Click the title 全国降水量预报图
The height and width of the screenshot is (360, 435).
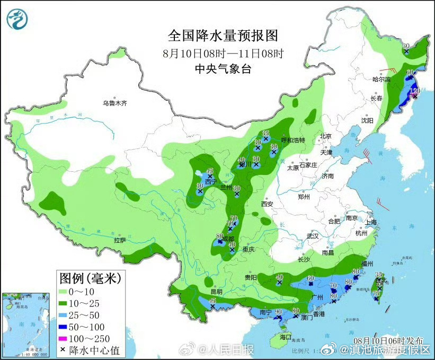point(223,36)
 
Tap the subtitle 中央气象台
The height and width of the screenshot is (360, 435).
point(223,68)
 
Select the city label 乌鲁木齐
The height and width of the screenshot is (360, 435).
point(115,103)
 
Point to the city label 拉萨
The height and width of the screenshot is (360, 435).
point(120,240)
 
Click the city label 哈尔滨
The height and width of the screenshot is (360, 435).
point(381,79)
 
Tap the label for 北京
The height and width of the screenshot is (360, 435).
point(325,136)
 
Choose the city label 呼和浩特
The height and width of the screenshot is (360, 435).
point(293,140)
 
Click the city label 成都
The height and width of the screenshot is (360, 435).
point(228,239)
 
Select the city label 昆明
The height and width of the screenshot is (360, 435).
point(216,292)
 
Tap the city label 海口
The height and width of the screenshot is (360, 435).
point(286,337)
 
